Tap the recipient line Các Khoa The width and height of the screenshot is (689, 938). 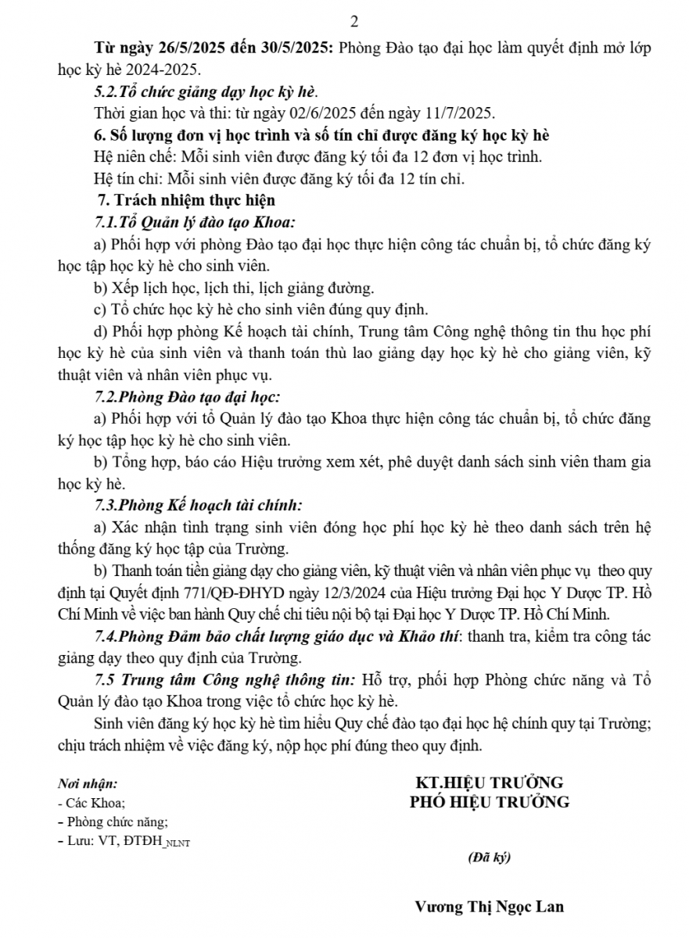click(92, 803)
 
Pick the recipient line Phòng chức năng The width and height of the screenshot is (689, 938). click(113, 822)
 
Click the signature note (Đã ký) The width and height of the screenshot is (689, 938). click(489, 857)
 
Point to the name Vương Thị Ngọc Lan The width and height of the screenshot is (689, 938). click(490, 908)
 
